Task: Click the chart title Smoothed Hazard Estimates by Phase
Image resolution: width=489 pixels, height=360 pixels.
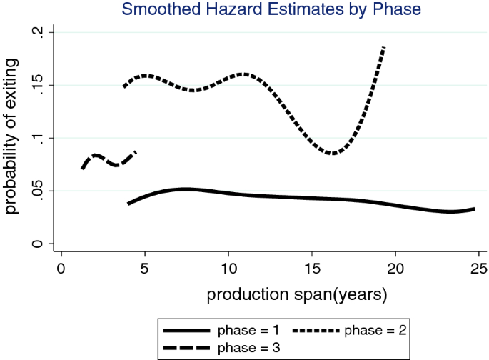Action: click(x=271, y=9)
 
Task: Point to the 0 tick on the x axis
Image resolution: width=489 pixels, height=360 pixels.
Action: click(x=61, y=269)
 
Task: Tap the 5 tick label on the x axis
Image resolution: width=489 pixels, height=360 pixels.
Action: click(x=145, y=269)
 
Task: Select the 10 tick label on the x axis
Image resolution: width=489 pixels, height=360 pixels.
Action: click(x=228, y=269)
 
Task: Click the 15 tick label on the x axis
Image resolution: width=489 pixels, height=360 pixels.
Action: click(x=312, y=269)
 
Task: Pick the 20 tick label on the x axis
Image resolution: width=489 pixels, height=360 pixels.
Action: click(x=395, y=269)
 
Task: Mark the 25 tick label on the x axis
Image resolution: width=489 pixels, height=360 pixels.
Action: click(x=479, y=269)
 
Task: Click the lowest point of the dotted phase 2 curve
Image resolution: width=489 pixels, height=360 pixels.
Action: click(x=332, y=153)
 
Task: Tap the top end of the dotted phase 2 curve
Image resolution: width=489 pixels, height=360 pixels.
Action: click(x=384, y=47)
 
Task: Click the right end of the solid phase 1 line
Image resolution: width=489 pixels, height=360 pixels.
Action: click(x=474, y=209)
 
